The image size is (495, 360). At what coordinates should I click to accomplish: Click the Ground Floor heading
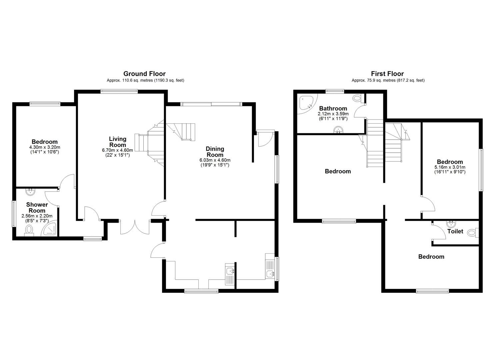144,74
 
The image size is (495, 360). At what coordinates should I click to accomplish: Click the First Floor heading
387,74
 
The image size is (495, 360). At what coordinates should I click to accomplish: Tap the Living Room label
118,142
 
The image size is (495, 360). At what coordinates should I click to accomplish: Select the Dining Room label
215,152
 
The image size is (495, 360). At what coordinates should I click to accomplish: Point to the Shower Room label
37,207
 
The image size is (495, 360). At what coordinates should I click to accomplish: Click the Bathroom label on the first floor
333,108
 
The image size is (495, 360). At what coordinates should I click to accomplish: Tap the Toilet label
455,231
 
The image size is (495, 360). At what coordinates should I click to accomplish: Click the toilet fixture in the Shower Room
29,230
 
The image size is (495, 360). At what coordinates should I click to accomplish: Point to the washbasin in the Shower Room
30,192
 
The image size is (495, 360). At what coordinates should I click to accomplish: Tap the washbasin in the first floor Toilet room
451,223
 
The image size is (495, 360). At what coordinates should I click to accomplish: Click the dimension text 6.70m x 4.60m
117,150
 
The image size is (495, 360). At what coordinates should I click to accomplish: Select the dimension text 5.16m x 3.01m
450,167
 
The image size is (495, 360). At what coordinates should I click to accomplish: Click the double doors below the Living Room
135,227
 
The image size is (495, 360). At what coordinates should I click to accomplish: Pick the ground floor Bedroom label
45,142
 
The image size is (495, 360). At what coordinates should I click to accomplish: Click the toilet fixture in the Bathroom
357,98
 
